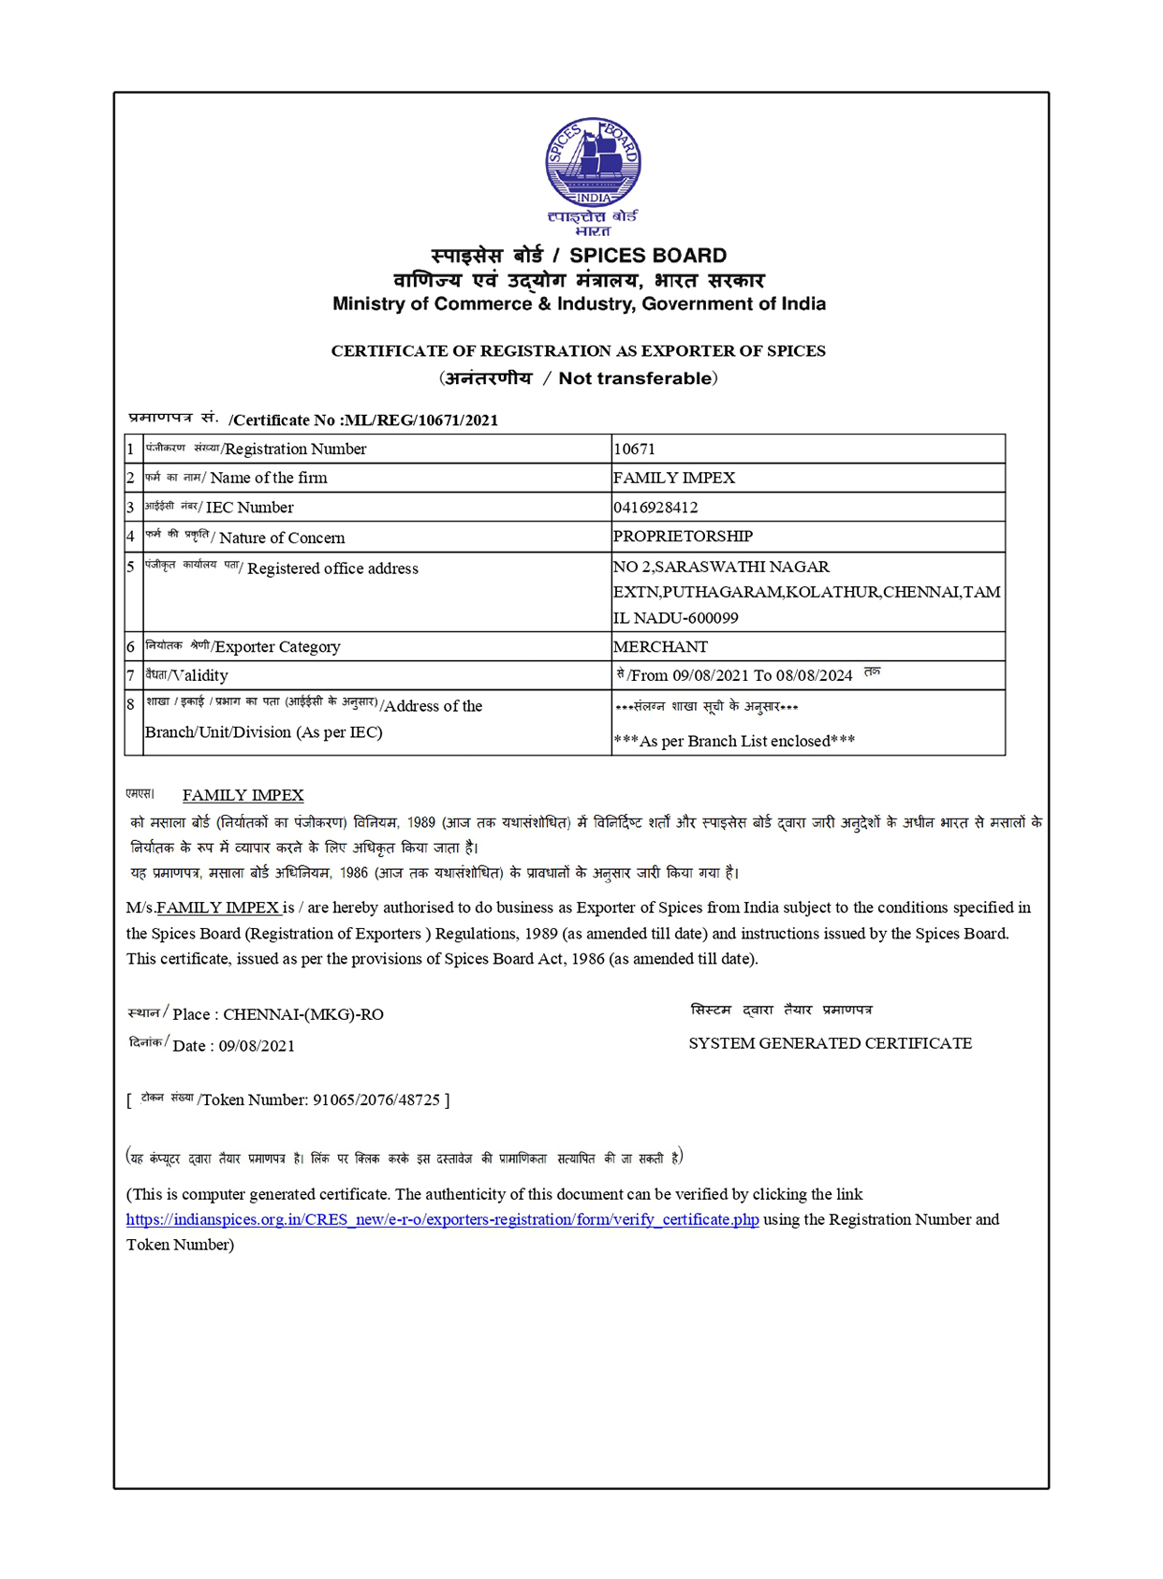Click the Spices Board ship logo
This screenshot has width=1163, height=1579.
point(593,163)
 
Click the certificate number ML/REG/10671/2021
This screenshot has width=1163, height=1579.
point(421,421)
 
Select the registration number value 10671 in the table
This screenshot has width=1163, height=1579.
point(635,450)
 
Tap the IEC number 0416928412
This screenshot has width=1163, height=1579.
point(655,508)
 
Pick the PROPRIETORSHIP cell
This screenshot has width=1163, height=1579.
point(683,537)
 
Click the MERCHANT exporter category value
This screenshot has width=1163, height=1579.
point(660,647)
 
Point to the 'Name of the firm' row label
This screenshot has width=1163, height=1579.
point(269,479)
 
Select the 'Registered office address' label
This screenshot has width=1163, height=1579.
point(332,568)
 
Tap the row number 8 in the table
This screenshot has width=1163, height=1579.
point(131,704)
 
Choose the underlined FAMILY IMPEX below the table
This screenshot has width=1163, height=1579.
point(243,795)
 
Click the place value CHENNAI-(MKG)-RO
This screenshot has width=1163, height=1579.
point(303,1014)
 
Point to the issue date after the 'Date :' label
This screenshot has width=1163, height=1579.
point(257,1046)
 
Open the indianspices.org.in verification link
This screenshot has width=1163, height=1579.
point(442,1220)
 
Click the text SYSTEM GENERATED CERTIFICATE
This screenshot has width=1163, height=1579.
point(830,1043)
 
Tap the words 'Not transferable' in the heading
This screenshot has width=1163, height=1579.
point(635,378)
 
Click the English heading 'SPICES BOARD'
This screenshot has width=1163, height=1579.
point(648,256)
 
